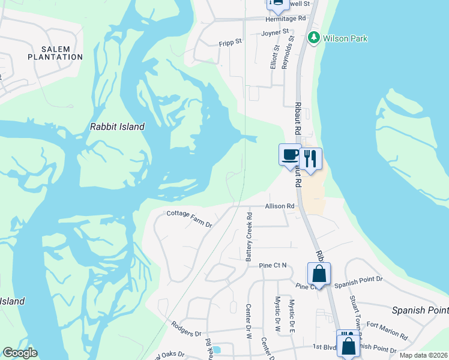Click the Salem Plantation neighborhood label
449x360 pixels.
(x=55, y=53)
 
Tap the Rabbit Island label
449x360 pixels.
(x=117, y=127)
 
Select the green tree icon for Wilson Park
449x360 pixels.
(x=313, y=38)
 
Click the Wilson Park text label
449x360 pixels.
(x=345, y=38)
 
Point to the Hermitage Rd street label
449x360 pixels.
(x=286, y=19)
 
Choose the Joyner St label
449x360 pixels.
(x=275, y=31)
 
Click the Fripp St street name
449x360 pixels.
(x=230, y=42)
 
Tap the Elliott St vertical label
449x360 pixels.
(x=274, y=58)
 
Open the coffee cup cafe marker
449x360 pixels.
(x=290, y=155)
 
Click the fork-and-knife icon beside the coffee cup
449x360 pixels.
(x=310, y=159)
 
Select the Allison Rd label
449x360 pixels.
(x=280, y=206)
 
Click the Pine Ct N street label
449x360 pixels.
(x=273, y=265)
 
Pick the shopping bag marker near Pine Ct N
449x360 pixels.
(x=319, y=274)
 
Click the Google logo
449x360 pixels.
(x=20, y=353)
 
